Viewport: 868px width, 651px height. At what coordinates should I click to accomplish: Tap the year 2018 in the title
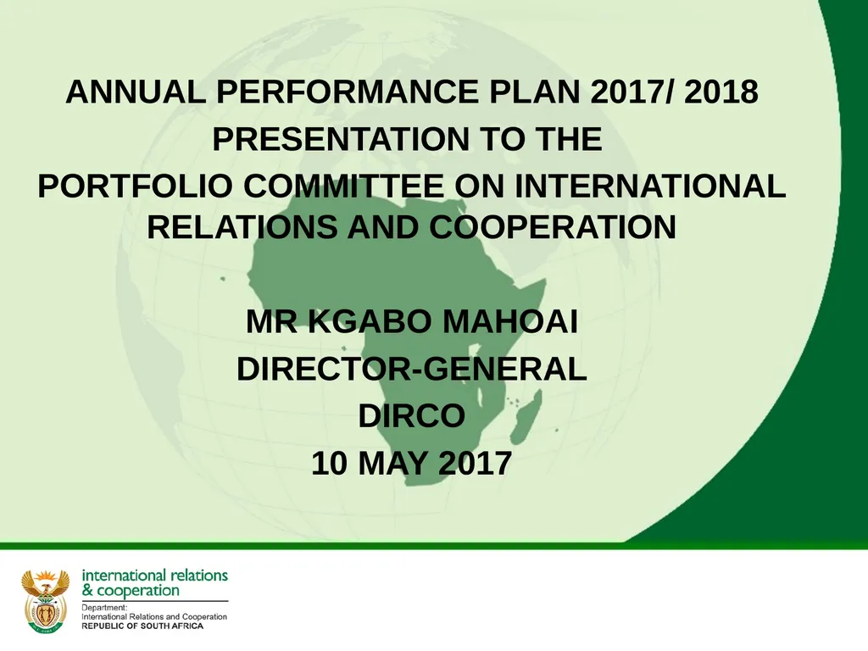coord(721,93)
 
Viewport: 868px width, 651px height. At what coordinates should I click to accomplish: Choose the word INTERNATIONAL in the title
coord(650,186)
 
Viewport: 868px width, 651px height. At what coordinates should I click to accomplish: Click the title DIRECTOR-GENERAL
coord(411,370)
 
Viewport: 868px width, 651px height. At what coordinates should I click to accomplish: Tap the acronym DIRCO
coord(412,416)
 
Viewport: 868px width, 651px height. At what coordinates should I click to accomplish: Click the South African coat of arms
coord(45,599)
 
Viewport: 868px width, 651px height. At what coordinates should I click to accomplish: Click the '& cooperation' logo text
coord(131,590)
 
